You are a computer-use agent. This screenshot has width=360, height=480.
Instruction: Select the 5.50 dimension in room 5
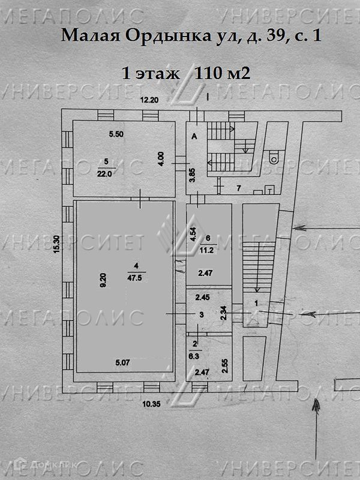116,135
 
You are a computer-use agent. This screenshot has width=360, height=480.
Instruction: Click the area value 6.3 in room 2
196,355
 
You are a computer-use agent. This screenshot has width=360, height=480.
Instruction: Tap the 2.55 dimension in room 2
224,365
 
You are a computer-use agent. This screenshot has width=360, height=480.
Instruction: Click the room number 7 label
238,188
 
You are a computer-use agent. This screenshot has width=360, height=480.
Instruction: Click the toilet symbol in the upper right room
274,157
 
